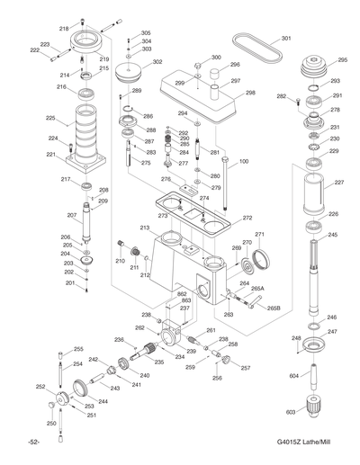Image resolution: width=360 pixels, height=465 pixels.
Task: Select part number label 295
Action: [x=342, y=60]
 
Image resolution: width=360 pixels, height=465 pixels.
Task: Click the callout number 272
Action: [x=247, y=219]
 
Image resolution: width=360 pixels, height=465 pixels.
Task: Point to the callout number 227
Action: [x=338, y=183]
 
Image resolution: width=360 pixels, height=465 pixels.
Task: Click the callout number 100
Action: [x=243, y=162]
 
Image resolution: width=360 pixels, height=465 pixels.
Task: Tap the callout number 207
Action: [x=71, y=216]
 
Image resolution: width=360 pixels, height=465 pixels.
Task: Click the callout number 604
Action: [x=294, y=376]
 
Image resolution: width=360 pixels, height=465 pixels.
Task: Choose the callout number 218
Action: [x=64, y=29]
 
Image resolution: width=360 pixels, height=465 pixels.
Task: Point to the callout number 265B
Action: [x=274, y=309]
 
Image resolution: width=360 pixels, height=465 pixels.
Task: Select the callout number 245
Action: [x=332, y=235]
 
